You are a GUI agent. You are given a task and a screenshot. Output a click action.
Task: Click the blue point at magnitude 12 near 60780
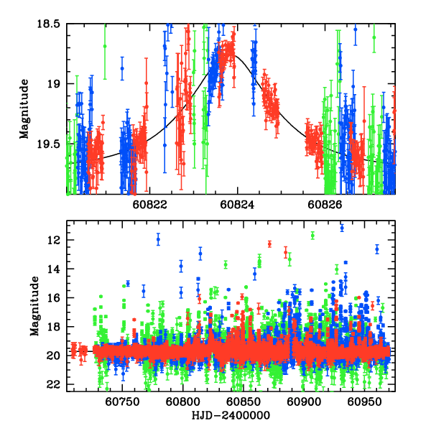click(x=158, y=239)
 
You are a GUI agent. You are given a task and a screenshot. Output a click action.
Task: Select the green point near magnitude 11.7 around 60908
click(x=312, y=235)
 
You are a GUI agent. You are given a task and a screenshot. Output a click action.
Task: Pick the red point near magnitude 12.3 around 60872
click(x=269, y=244)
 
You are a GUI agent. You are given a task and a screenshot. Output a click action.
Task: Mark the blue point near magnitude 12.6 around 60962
click(x=377, y=249)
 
